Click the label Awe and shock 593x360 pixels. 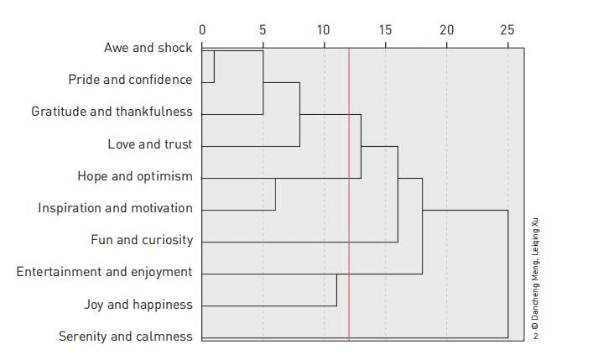pyautogui.click(x=148, y=48)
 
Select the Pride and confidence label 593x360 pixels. pyautogui.click(x=130, y=80)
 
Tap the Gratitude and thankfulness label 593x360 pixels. pyautogui.click(x=112, y=112)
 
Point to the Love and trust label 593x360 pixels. pyautogui.click(x=149, y=144)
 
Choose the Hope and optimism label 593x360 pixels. pyautogui.click(x=135, y=176)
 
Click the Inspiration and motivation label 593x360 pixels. pyautogui.click(x=115, y=208)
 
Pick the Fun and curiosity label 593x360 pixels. pyautogui.click(x=142, y=240)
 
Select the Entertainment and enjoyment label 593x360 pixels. pyautogui.click(x=105, y=272)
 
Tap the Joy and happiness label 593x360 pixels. pyautogui.click(x=138, y=304)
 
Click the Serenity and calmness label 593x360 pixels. pyautogui.click(x=125, y=337)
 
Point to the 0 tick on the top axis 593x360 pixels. pyautogui.click(x=202, y=29)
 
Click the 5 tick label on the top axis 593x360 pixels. pyautogui.click(x=263, y=29)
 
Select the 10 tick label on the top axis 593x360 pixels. pyautogui.click(x=324, y=29)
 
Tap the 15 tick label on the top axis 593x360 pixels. pyautogui.click(x=385, y=29)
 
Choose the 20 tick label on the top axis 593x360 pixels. pyautogui.click(x=446, y=29)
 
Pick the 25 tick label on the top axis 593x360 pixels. pyautogui.click(x=507, y=29)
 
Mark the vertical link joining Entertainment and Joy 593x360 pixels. pyautogui.click(x=336, y=289)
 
